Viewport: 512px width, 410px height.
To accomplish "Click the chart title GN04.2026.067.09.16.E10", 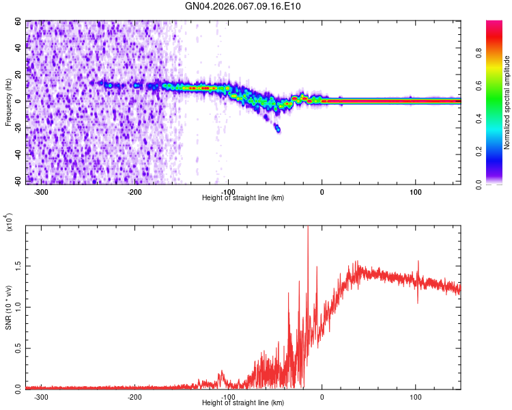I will click(x=243, y=7).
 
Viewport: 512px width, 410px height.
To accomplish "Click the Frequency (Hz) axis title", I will click(x=8, y=102).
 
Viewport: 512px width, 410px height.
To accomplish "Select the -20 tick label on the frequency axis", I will click(x=17, y=128).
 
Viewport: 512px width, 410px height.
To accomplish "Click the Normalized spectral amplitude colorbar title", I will click(x=507, y=102).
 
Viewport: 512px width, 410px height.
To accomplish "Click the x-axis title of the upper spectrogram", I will click(x=243, y=197).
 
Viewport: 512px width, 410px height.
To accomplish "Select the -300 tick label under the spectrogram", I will click(x=41, y=191).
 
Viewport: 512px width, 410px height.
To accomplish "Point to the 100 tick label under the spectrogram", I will click(x=415, y=191).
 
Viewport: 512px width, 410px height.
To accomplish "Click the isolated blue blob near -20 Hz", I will click(x=277, y=128).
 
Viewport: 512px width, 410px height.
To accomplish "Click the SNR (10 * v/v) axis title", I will click(x=8, y=307).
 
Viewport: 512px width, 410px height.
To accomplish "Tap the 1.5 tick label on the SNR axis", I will click(x=19, y=264).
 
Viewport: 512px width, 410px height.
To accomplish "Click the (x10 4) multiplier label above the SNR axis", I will click(x=10, y=223).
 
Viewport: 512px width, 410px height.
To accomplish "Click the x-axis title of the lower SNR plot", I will click(x=243, y=402).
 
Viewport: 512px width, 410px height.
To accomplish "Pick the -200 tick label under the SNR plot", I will click(x=134, y=396).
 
